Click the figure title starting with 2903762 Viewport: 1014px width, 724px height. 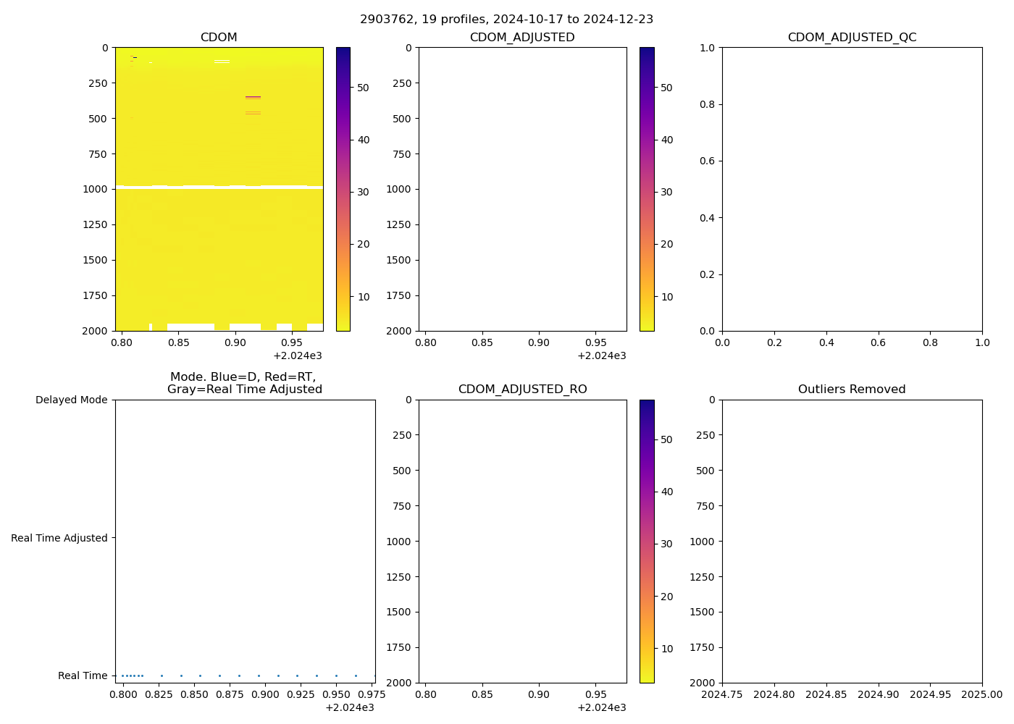tap(506, 19)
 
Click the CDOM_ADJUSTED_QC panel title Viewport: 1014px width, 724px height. tap(852, 38)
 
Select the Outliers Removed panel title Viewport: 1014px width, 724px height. tap(852, 390)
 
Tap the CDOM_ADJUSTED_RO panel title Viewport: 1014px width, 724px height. tap(522, 390)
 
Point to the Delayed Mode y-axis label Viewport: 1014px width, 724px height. tap(71, 400)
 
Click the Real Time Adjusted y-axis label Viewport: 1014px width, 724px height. tap(59, 538)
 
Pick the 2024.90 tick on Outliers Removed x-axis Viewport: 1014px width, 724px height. tap(878, 694)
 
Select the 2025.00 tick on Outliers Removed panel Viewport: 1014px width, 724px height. tap(982, 694)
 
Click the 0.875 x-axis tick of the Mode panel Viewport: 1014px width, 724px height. tap(230, 694)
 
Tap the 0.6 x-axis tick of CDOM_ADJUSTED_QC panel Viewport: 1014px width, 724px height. tap(878, 342)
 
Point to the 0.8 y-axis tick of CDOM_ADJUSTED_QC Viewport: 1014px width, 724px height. tap(707, 104)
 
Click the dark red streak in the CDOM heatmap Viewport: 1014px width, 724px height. tap(253, 96)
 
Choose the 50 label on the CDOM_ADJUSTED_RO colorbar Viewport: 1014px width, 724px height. tap(666, 439)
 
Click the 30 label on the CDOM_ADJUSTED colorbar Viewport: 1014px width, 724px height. tap(666, 192)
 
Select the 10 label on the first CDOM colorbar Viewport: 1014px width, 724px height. tap(363, 297)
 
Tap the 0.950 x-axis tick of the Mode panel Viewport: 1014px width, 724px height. tap(336, 694)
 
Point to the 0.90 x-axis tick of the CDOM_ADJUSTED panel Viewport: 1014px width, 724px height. tap(539, 342)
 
